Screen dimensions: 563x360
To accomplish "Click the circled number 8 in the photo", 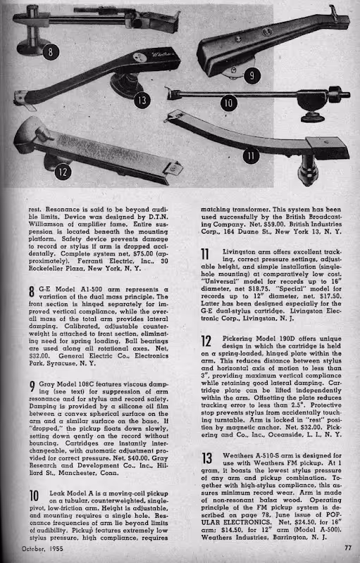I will tap(50, 52).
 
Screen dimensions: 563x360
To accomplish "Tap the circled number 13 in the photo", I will tap(142, 101).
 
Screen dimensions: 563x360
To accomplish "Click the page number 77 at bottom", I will tap(347, 549).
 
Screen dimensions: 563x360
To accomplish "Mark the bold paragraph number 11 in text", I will tap(206, 254).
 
